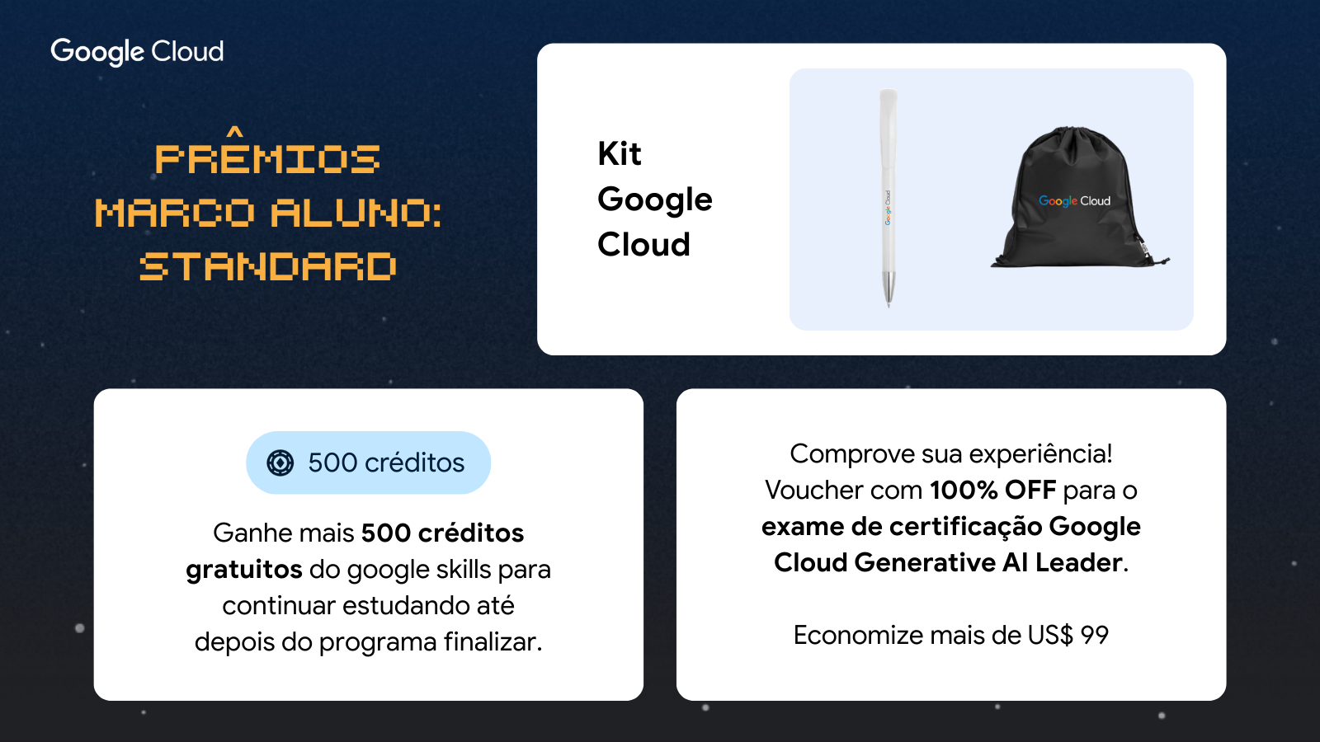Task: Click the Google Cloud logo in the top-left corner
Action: (137, 52)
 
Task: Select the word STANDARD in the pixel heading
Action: (268, 266)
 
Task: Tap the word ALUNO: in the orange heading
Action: (356, 213)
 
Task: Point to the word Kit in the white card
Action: (619, 153)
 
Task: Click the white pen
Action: (888, 197)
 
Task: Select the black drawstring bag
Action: (1080, 197)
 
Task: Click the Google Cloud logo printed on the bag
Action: (1074, 201)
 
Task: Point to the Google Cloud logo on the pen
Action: (888, 207)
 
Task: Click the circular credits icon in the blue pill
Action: (280, 463)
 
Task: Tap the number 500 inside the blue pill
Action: (332, 463)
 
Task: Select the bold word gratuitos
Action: (244, 570)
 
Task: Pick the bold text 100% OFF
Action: (993, 490)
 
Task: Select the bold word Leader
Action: (1079, 562)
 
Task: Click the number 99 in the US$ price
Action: (1094, 635)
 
